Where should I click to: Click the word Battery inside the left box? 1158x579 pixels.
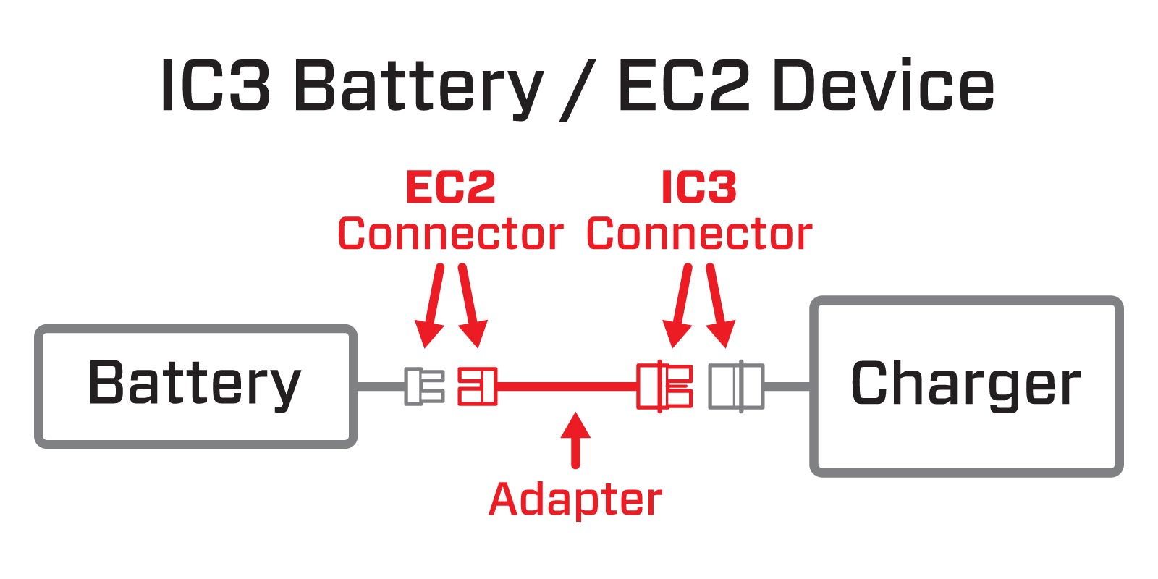tap(194, 383)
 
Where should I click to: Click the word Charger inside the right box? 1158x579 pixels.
tap(965, 383)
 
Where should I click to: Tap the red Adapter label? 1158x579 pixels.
tap(575, 499)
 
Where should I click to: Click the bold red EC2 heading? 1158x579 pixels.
tap(450, 187)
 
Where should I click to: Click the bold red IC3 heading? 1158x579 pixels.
tap(699, 187)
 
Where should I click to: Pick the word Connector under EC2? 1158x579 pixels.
tap(450, 234)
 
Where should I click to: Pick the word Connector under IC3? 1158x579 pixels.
tap(699, 234)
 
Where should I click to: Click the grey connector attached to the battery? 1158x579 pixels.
tap(424, 386)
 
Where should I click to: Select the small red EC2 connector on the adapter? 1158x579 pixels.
tap(477, 386)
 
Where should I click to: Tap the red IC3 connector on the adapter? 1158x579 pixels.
tap(664, 386)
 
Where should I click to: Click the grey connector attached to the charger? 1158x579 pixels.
tap(735, 386)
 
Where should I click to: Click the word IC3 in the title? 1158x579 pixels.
tap(215, 87)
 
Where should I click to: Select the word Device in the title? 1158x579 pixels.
tap(884, 87)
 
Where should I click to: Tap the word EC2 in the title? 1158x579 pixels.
tap(683, 87)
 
